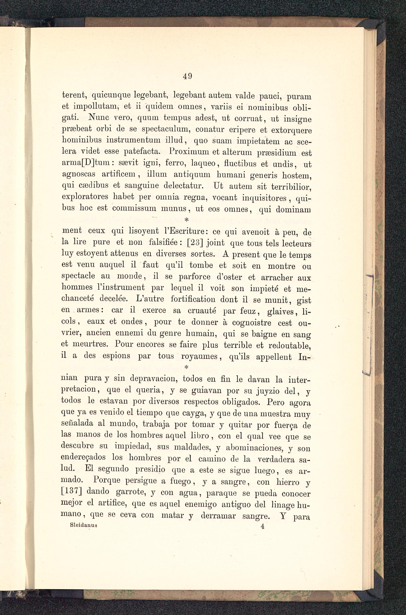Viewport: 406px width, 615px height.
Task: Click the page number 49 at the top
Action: [x=187, y=76]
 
